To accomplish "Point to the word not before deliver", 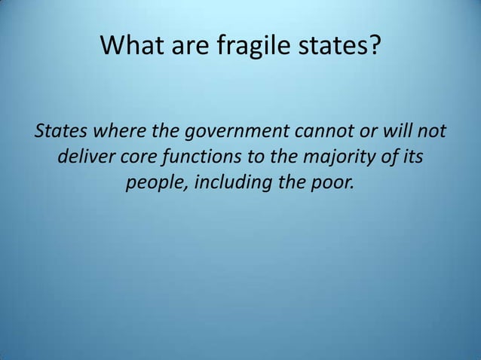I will [x=432, y=134].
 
